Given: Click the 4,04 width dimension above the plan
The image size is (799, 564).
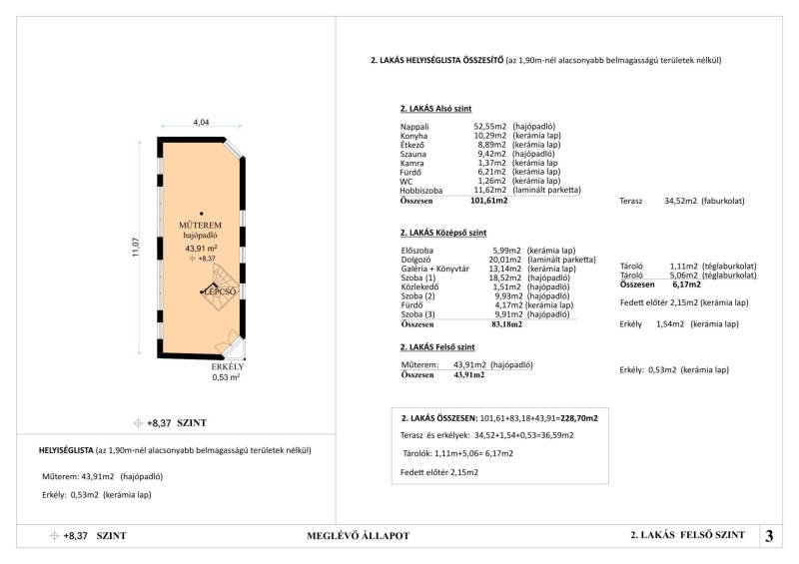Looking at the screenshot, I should click(x=201, y=123).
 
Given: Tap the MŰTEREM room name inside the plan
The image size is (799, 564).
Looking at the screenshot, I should click(x=201, y=225).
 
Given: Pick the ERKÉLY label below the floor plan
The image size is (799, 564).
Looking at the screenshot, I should click(x=227, y=366).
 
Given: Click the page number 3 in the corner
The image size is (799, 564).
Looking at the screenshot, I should click(x=769, y=536).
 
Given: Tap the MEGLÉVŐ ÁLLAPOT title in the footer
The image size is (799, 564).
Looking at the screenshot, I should click(x=358, y=536).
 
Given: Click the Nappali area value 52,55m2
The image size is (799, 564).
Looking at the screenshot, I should click(x=490, y=127).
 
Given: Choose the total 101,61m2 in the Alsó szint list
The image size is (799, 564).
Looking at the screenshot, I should click(x=489, y=201).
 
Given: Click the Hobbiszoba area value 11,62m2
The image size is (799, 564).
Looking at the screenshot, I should click(x=490, y=190).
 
